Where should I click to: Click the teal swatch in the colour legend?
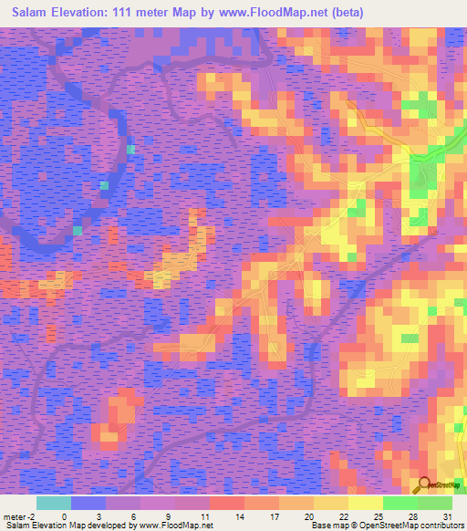tap(53, 503)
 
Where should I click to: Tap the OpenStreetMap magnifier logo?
tap(423, 486)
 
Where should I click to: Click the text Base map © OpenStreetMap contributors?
tap(385, 526)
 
